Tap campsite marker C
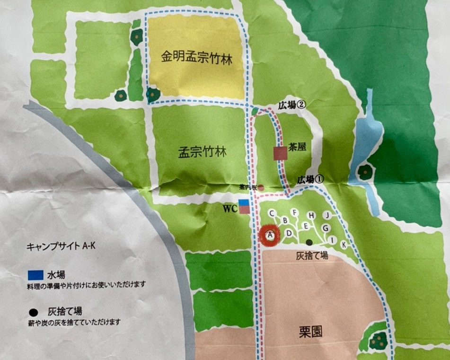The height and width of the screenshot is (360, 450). tap(273, 214)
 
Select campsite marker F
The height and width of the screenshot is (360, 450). tap(295, 212)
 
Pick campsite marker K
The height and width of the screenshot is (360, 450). tap(344, 244)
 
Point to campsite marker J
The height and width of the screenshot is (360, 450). tap(326, 215)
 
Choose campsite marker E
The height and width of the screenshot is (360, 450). tap(306, 226)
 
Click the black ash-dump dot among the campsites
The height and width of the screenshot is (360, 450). tap(309, 242)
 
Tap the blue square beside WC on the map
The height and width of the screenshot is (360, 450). tap(244, 203)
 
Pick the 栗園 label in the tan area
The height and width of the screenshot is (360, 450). tap(310, 331)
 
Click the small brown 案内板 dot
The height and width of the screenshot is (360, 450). tap(261, 188)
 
